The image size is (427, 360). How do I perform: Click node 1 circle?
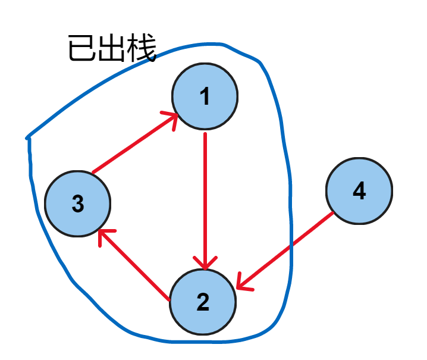point(205,96)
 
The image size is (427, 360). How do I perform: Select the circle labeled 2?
point(203,302)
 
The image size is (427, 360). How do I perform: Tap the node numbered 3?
point(78,204)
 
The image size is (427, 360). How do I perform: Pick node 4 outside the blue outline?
point(359,191)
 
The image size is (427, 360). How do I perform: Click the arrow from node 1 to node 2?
point(205,196)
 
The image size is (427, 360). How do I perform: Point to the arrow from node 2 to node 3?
point(134,264)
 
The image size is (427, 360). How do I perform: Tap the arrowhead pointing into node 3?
point(103,236)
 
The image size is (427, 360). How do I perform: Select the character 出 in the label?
point(112,49)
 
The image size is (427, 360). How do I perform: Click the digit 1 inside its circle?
point(205,96)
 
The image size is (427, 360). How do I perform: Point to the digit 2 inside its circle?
point(203,302)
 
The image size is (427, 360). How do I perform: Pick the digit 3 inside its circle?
point(78,204)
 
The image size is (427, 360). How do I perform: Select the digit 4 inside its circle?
point(359,191)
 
